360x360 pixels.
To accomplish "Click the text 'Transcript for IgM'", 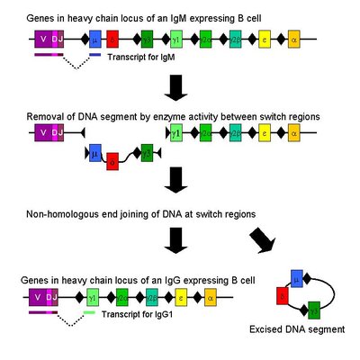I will (139, 58).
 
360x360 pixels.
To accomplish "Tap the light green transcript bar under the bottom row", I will (90, 312).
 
